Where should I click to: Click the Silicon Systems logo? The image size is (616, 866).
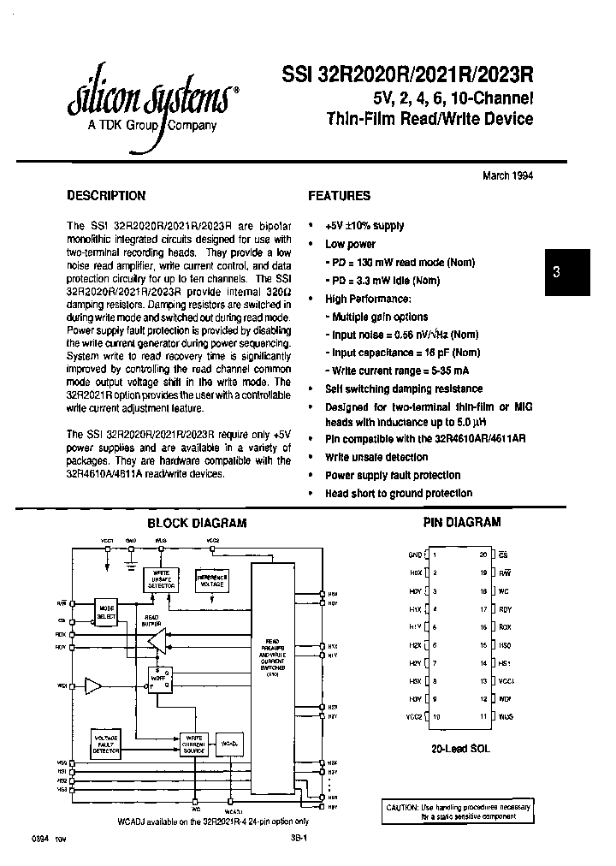(151, 103)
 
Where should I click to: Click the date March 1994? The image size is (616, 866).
(508, 175)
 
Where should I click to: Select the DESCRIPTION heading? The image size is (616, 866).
(106, 196)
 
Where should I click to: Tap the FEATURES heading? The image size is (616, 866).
(339, 196)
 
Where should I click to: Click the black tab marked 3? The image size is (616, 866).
(556, 273)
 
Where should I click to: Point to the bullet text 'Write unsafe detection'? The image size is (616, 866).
(376, 457)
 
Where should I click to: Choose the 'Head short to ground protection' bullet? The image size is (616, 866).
(398, 493)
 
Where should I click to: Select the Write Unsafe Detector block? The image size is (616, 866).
(160, 578)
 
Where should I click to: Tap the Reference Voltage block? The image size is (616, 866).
(211, 579)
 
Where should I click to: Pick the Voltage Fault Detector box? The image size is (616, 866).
(105, 742)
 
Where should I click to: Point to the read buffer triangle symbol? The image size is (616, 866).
(156, 639)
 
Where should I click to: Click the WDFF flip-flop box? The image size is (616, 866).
(160, 678)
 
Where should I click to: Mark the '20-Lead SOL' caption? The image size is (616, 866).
(461, 748)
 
